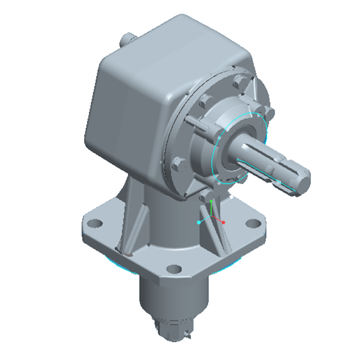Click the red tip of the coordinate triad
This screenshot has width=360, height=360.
click(223, 223)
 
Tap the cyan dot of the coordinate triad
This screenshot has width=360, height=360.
click(199, 222)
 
